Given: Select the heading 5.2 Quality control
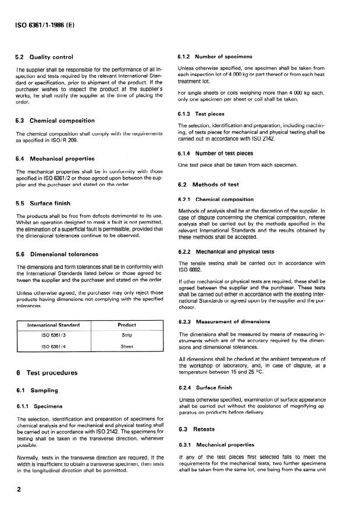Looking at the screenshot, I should tap(44, 57).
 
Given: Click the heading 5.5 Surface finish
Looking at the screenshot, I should tap(43, 203).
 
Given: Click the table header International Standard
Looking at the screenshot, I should tap(55, 325).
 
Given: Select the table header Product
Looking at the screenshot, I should tap(127, 325).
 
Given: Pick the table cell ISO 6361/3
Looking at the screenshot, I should tap(55, 335).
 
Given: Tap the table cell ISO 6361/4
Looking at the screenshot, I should tap(55, 347).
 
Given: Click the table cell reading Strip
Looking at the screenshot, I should tap(127, 335).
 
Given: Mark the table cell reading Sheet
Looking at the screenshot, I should tap(127, 347).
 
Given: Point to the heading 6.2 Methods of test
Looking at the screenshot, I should tap(208, 185).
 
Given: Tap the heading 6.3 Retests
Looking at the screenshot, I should tap(196, 429).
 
